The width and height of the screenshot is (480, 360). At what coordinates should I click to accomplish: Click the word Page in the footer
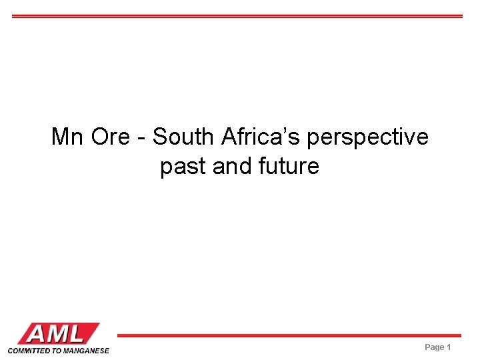434,347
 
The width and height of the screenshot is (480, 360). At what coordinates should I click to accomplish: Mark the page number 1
449,347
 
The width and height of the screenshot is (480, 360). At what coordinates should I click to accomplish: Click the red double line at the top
237,16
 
